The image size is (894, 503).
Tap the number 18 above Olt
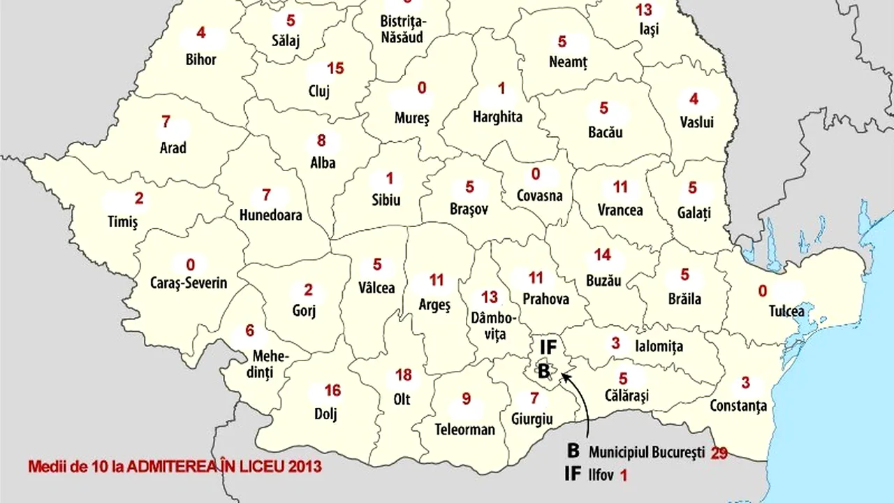click(404, 375)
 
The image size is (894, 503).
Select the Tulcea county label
click(786, 311)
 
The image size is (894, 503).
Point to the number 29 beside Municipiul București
click(719, 453)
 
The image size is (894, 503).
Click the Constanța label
click(738, 405)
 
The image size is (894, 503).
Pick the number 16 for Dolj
click(332, 391)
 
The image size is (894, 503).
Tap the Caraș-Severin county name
click(189, 284)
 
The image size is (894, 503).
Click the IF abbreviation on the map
click(548, 346)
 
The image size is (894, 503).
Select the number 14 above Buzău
click(602, 255)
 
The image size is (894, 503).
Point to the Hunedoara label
click(270, 215)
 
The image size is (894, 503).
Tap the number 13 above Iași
click(644, 10)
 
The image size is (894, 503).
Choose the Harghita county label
click(497, 117)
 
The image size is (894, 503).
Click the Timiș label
click(123, 221)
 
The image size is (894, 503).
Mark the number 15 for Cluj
click(336, 68)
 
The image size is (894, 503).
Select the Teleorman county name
click(464, 429)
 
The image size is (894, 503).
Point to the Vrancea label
click(620, 210)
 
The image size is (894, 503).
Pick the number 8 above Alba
click(321, 140)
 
